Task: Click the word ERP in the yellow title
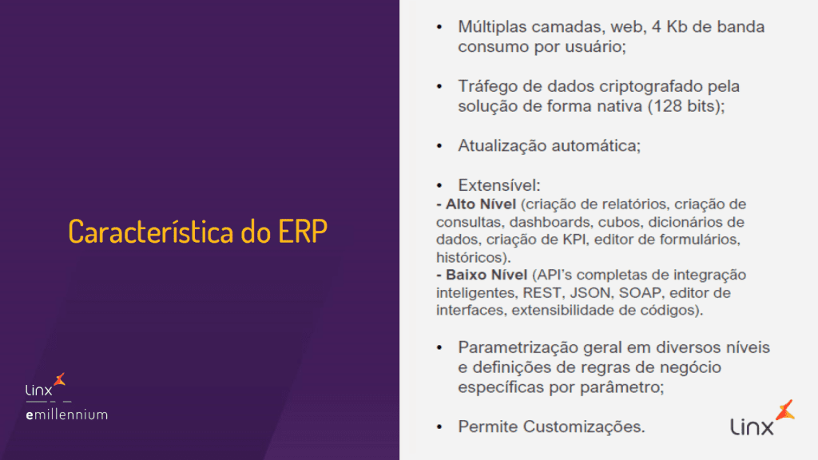click(x=303, y=232)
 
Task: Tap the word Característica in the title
click(x=151, y=232)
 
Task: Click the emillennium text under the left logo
click(x=67, y=414)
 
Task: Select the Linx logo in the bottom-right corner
click(x=762, y=418)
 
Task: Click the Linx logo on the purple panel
click(x=46, y=385)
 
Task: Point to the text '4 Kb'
click(x=669, y=26)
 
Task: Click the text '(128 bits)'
click(x=686, y=106)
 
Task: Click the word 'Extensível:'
click(x=498, y=185)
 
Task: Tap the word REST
click(x=542, y=292)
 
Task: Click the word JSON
click(x=590, y=292)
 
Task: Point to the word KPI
click(x=574, y=240)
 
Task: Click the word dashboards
click(x=550, y=222)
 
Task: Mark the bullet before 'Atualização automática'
click(x=439, y=146)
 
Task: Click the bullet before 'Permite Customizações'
click(x=439, y=427)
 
